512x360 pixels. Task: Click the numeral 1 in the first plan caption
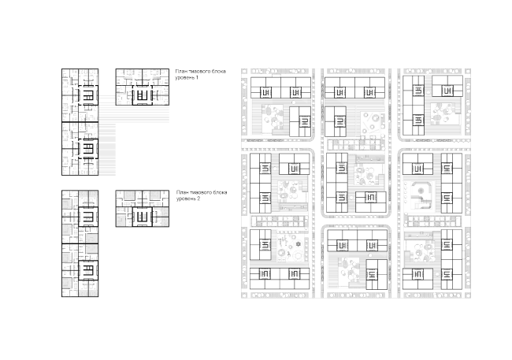[197, 78]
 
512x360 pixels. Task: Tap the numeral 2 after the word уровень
[198, 199]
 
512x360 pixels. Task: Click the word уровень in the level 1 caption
[185, 78]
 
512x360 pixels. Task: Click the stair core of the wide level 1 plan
[143, 95]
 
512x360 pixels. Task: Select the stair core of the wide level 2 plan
[143, 217]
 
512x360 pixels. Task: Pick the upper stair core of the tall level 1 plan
[88, 95]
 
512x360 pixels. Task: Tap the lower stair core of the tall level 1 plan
[88, 149]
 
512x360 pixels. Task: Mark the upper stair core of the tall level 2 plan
[88, 217]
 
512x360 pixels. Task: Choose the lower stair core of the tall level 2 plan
[88, 270]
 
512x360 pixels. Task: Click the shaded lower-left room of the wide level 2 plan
[122, 221]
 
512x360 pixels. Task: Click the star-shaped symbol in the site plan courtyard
[298, 244]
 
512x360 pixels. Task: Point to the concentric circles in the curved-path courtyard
[421, 190]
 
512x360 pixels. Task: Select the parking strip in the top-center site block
[355, 145]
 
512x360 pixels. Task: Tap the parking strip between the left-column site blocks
[280, 221]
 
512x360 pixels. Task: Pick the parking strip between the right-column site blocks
[433, 221]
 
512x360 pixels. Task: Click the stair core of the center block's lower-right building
[371, 198]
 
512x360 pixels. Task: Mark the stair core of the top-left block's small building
[304, 122]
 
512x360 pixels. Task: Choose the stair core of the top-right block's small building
[447, 91]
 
